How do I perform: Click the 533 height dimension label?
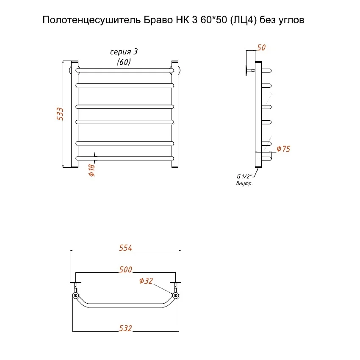coord(60,114)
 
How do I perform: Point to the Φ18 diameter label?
coord(92,170)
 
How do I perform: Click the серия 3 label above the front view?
coord(124,52)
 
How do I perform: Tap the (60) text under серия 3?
coord(124,62)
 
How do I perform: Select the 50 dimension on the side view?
coord(261,48)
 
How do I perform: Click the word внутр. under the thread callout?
coord(244,183)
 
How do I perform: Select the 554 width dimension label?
coord(126,248)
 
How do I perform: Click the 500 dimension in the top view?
coord(126,269)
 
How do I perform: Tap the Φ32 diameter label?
coord(146,281)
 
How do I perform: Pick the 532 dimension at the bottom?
coord(126,328)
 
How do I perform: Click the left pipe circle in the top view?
coord(75,295)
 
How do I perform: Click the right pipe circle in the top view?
coord(175,295)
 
